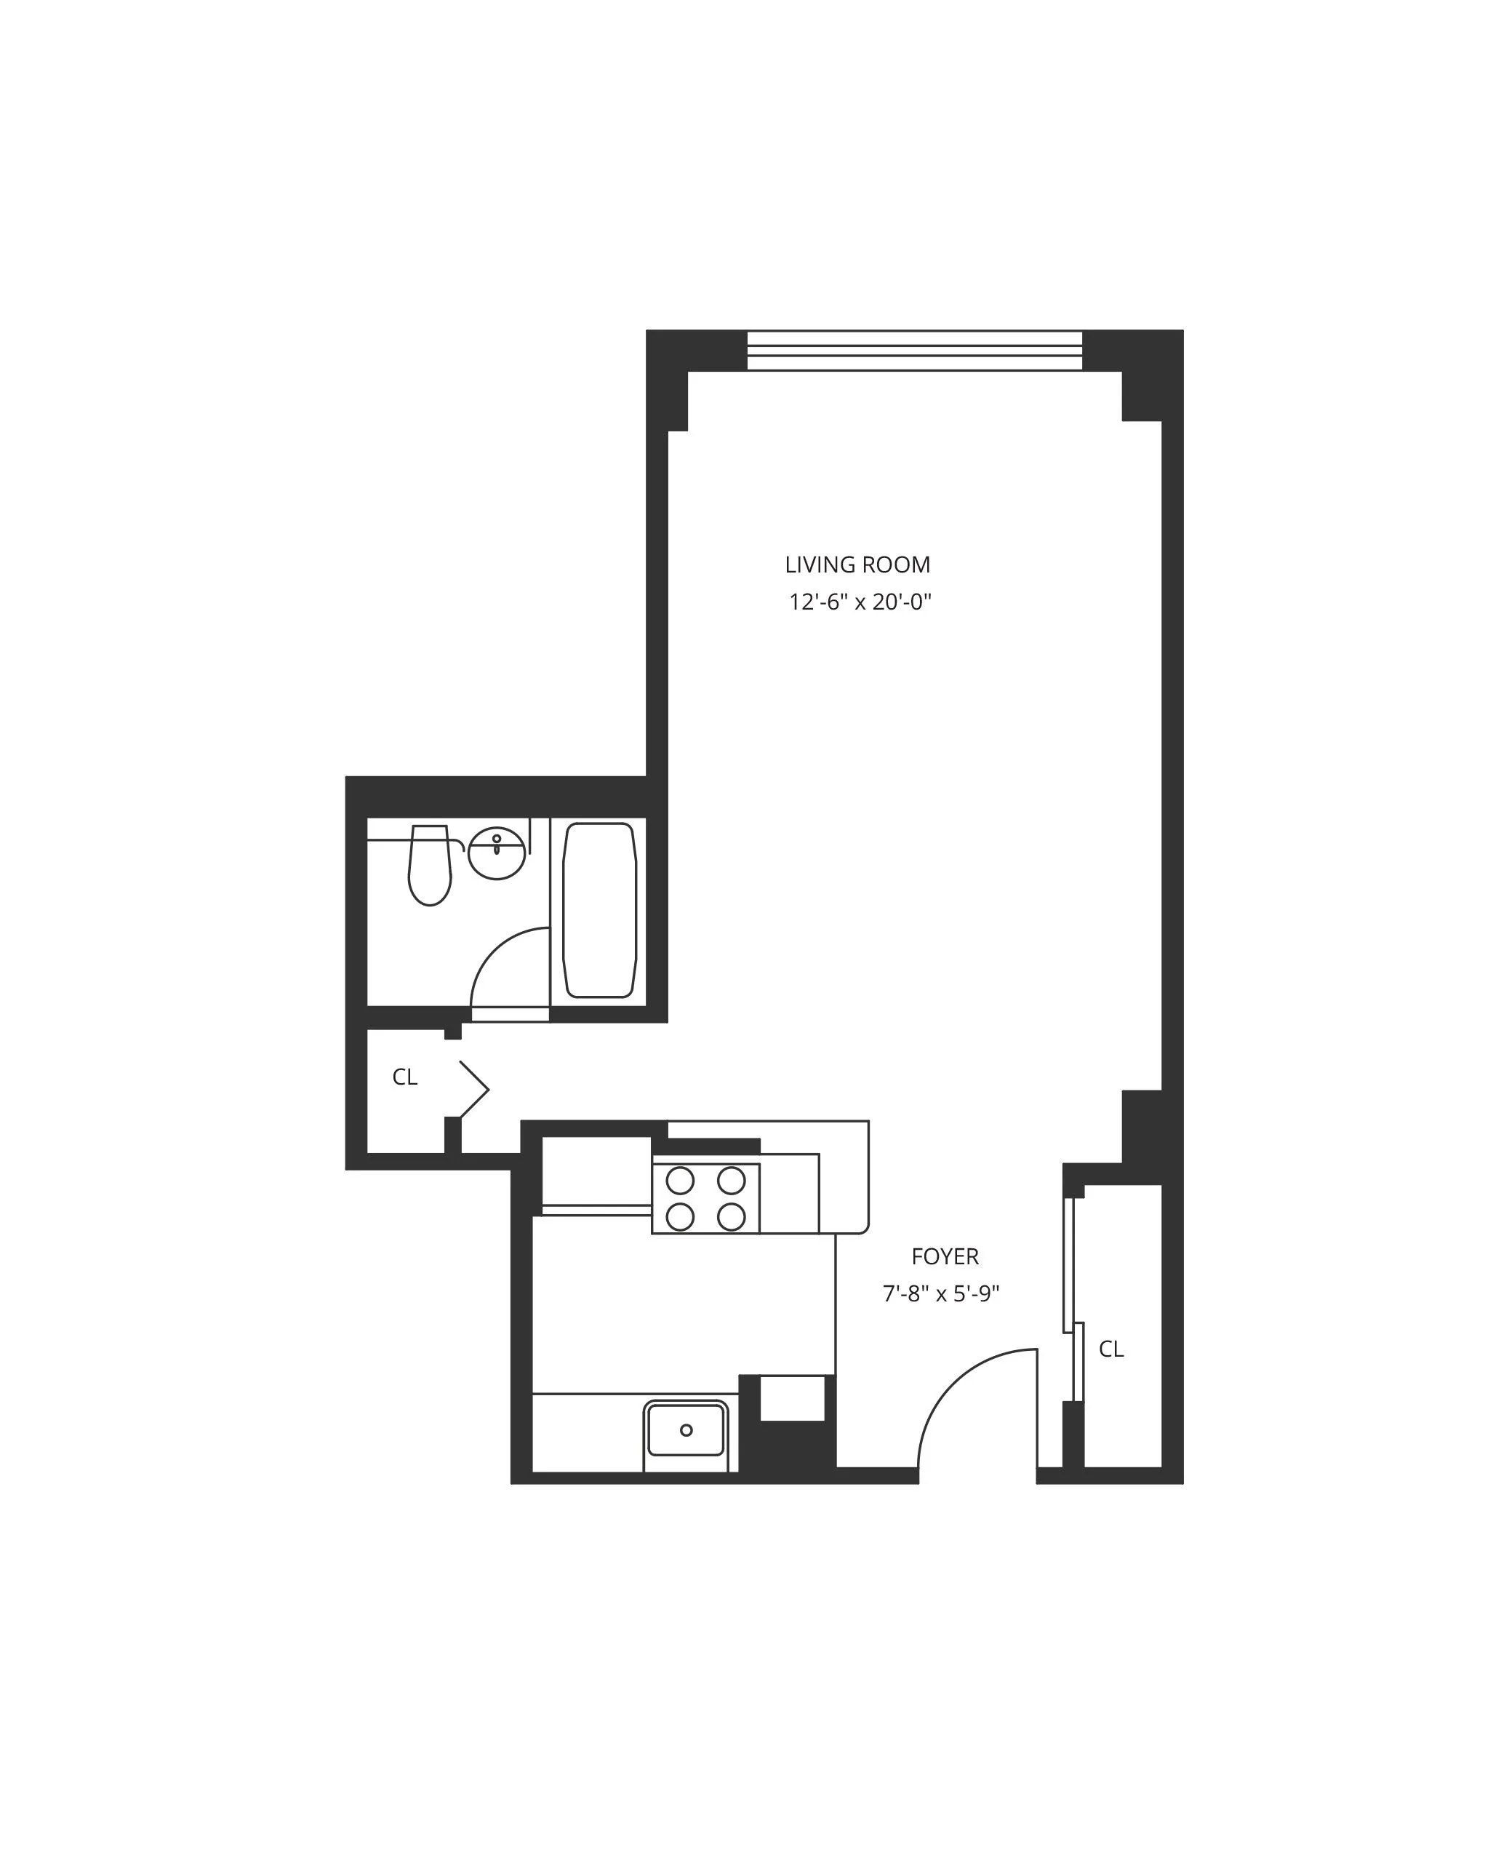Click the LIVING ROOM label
tap(857, 565)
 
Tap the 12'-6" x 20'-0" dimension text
tap(860, 602)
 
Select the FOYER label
tap(945, 1257)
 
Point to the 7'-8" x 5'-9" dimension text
tap(941, 1294)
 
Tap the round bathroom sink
tap(497, 853)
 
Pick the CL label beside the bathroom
tap(404, 1077)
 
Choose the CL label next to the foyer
tap(1110, 1349)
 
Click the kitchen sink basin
tap(686, 1430)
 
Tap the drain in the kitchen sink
tap(686, 1430)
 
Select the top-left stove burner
tap(680, 1181)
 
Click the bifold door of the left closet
tap(474, 1089)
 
